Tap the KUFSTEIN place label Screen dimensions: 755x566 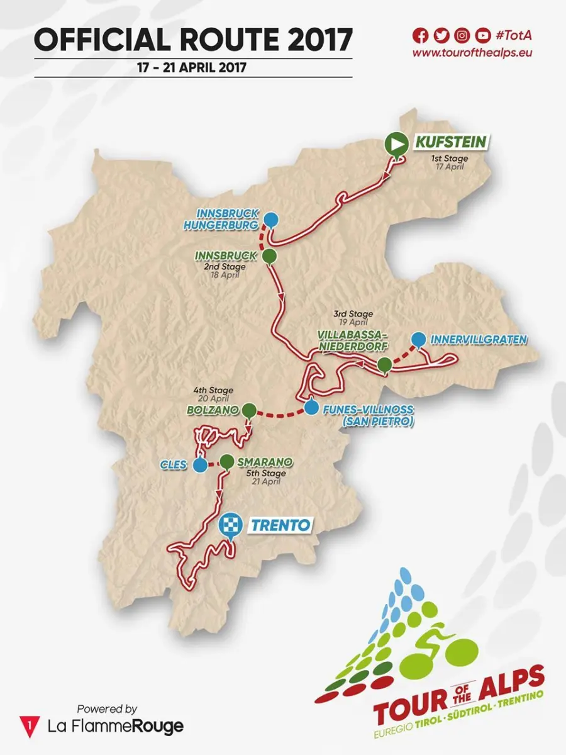coord(450,142)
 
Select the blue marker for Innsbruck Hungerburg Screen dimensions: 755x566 coord(270,220)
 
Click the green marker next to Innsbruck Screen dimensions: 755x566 coord(269,255)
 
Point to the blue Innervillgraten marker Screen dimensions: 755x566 coord(418,340)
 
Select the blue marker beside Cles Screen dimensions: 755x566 coord(200,465)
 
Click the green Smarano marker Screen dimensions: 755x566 coord(226,462)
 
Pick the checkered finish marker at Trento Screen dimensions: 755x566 coord(230,525)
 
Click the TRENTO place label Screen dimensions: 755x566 coord(280,524)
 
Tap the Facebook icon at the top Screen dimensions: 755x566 coord(419,35)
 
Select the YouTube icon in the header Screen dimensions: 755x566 coord(482,35)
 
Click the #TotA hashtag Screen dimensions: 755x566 coord(516,35)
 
